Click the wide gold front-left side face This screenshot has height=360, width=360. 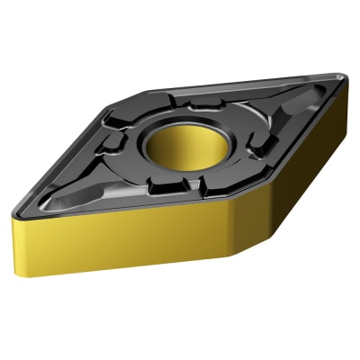pos(117,238)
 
